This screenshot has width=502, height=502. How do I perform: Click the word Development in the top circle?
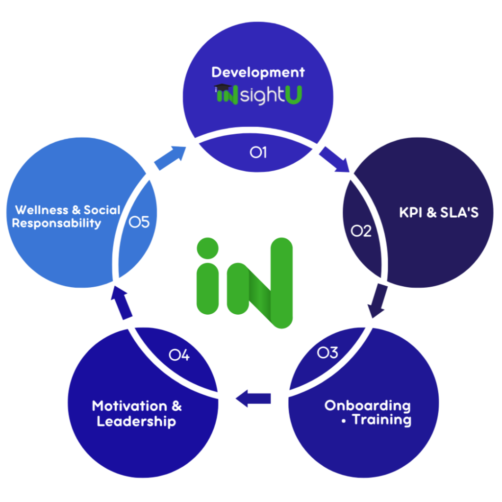[258, 73]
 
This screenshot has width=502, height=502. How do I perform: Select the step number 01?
[258, 152]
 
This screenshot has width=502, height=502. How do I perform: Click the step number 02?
[361, 231]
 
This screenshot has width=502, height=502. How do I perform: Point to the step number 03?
[327, 352]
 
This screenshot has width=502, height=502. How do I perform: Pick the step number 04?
[179, 354]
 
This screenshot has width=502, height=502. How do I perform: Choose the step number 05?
[139, 223]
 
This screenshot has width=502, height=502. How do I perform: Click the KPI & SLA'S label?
[439, 213]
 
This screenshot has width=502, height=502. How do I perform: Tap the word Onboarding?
[367, 405]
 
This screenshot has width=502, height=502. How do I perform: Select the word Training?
[382, 420]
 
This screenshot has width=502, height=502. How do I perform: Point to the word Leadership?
[136, 421]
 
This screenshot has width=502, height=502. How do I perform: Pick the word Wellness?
[42, 210]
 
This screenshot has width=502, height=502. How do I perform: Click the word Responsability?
[56, 224]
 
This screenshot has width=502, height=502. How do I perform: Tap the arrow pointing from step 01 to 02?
[336, 159]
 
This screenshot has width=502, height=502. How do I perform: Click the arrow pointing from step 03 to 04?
[253, 398]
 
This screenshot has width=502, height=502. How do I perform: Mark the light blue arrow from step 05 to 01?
[169, 155]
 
